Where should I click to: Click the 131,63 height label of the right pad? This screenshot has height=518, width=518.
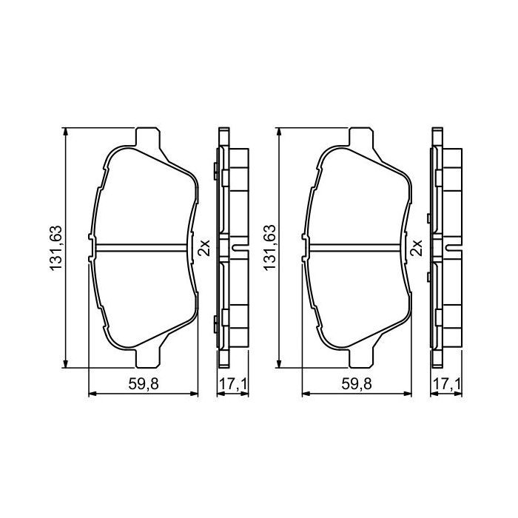269,248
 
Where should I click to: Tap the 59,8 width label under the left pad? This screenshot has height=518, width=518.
144,385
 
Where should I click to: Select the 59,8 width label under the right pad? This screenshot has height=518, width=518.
357,385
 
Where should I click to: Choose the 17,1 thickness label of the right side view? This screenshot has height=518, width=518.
445,385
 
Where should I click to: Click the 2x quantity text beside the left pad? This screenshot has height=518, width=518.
205,247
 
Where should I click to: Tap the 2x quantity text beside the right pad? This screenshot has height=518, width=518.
417,247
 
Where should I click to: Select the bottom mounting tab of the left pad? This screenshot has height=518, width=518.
147,357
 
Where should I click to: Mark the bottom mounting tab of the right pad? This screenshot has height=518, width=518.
360,357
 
